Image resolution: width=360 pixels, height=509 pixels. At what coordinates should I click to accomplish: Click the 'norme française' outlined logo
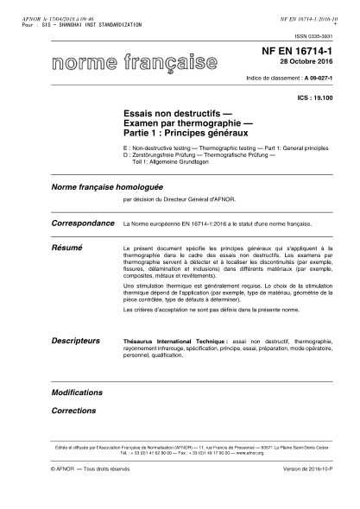click(x=134, y=63)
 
